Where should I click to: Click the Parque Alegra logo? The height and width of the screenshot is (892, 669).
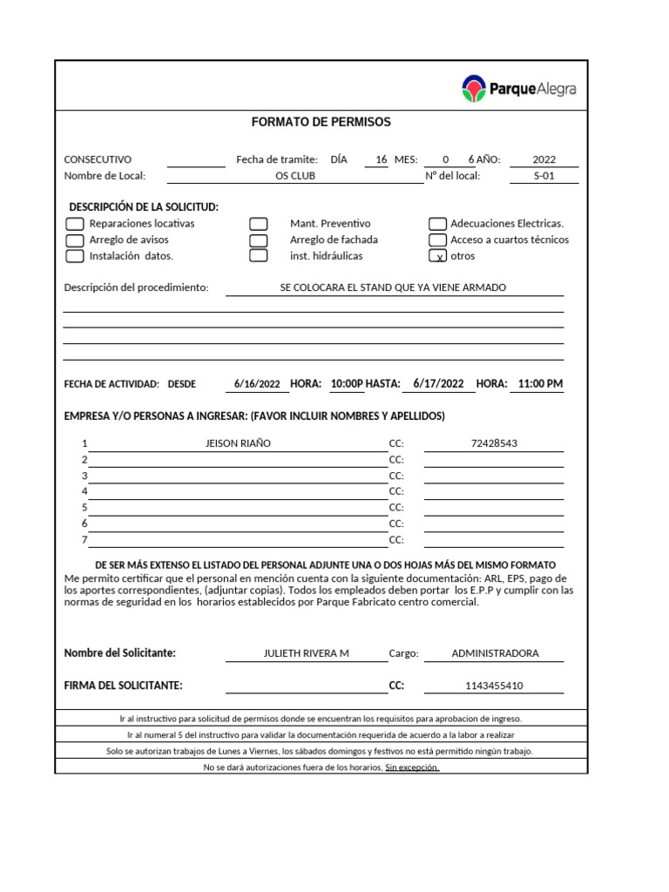point(519,88)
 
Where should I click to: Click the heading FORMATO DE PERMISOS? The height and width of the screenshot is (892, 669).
point(321,122)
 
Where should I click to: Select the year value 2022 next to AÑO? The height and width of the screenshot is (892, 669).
point(544,159)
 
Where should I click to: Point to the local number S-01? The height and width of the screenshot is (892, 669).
point(544,176)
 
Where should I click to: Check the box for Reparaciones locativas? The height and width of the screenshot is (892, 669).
point(75,224)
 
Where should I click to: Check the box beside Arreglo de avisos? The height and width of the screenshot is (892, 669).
point(75,240)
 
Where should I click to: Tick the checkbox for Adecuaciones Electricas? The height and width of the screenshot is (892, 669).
point(438,224)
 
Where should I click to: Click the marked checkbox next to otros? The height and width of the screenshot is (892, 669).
point(439,256)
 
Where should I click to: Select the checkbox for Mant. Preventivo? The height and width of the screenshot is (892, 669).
point(258,224)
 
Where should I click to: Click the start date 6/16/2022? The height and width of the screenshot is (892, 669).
point(257,384)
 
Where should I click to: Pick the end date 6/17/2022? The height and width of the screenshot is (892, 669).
point(438,384)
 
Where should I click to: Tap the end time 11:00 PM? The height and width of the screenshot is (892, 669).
point(540,384)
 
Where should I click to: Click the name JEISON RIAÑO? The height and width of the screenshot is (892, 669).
point(238,443)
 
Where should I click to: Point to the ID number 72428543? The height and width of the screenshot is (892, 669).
point(494,443)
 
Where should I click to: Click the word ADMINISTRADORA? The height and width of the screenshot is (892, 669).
point(495,653)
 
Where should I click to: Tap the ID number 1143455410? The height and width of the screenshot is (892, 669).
point(495,686)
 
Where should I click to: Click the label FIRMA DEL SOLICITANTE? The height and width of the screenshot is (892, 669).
point(124,686)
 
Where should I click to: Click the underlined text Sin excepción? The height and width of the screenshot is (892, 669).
point(412,767)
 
